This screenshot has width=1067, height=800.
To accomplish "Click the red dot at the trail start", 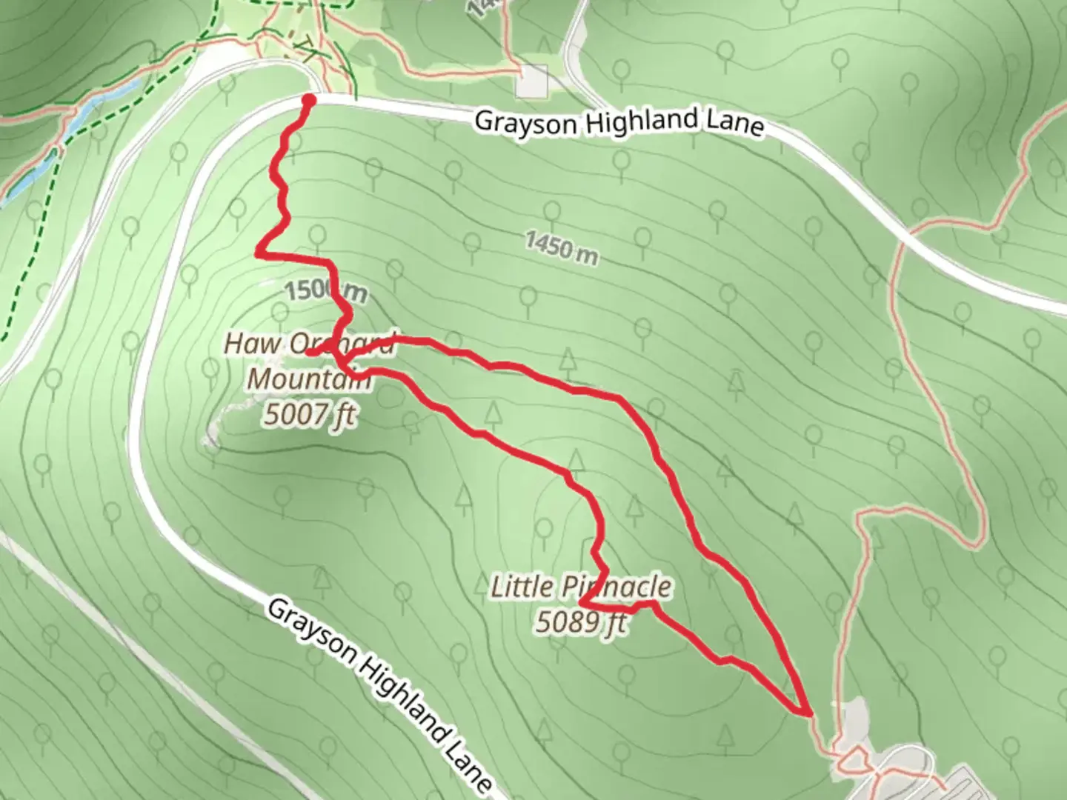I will (x=309, y=100).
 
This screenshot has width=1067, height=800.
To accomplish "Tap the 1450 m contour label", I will (x=562, y=247).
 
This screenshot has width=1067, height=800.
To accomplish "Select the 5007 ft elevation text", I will (x=310, y=415).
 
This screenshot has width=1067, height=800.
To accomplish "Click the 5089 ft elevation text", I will (x=580, y=622).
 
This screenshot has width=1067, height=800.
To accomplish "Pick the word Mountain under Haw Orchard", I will (x=308, y=379).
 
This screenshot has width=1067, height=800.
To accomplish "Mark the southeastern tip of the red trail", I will (x=806, y=713).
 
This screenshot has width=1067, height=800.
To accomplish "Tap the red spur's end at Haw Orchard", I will (x=308, y=353).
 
